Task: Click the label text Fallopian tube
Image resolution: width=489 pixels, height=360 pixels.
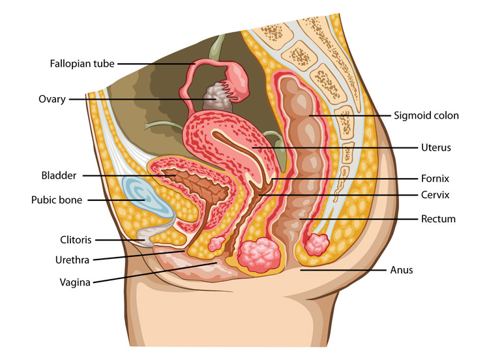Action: click(82, 64)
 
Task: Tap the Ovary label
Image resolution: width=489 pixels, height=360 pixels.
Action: click(52, 99)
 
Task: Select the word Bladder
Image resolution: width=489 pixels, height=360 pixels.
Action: click(59, 175)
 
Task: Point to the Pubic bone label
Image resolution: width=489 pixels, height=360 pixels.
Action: click(57, 200)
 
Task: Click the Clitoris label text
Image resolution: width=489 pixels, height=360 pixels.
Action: click(76, 239)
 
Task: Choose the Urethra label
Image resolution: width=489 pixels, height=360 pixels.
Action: click(72, 260)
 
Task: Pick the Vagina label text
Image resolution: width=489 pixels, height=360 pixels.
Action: click(75, 282)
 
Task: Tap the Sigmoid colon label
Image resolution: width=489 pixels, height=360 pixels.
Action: click(426, 115)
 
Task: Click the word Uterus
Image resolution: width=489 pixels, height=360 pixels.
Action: click(436, 147)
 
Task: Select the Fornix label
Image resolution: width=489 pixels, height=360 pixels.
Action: click(435, 179)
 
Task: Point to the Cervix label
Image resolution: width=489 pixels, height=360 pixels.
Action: click(435, 194)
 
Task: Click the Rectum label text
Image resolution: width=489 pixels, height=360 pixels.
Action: click(438, 218)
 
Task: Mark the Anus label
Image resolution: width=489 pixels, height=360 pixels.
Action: click(402, 269)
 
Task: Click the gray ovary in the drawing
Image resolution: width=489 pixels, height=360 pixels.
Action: click(215, 97)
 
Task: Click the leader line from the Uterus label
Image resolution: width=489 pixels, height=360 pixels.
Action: click(334, 147)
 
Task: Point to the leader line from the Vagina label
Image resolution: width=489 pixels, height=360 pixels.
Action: click(155, 273)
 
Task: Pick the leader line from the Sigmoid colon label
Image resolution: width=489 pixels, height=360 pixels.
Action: click(349, 115)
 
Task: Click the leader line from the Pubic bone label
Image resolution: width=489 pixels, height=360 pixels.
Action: click(116, 200)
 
